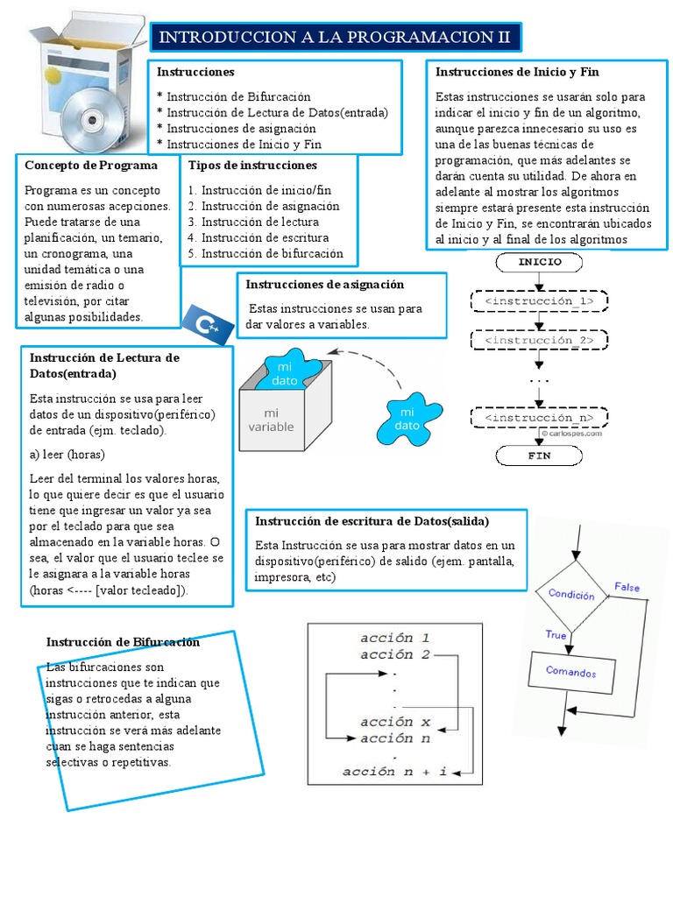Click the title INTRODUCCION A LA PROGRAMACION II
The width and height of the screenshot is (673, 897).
(335, 38)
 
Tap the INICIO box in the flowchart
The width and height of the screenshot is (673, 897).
(540, 261)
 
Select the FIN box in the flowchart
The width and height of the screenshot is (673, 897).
(539, 456)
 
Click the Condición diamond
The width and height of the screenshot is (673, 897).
(571, 594)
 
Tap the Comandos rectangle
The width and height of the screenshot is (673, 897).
(570, 673)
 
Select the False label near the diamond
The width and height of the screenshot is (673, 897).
(627, 587)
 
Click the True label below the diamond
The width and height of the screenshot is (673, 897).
(556, 634)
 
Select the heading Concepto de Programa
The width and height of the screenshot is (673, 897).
(91, 165)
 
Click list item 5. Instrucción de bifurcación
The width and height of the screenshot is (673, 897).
(266, 254)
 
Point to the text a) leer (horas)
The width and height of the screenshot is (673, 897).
(67, 455)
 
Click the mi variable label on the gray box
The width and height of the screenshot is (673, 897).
(271, 420)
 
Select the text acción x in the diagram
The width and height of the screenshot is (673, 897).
(394, 722)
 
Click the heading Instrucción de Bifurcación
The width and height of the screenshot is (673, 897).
(124, 642)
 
